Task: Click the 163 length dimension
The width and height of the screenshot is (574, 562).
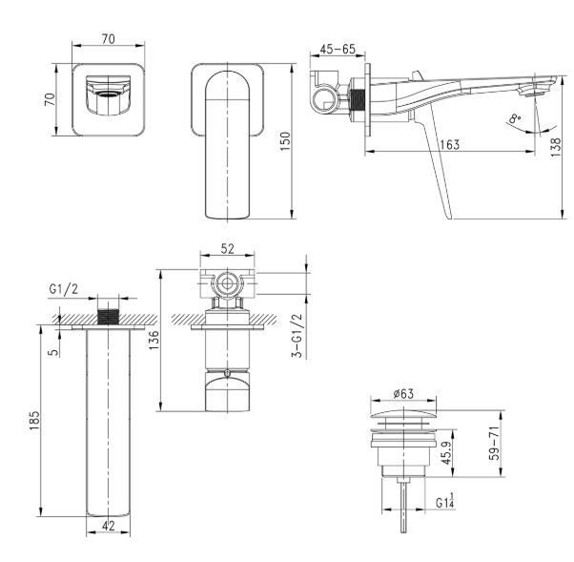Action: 450,144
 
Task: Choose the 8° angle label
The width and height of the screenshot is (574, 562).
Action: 515,119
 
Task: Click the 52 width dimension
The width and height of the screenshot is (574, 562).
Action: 227,250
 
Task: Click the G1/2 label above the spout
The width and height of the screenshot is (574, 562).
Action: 64,290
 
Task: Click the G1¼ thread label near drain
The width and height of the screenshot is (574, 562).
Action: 445,503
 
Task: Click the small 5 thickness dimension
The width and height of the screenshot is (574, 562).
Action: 55,349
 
